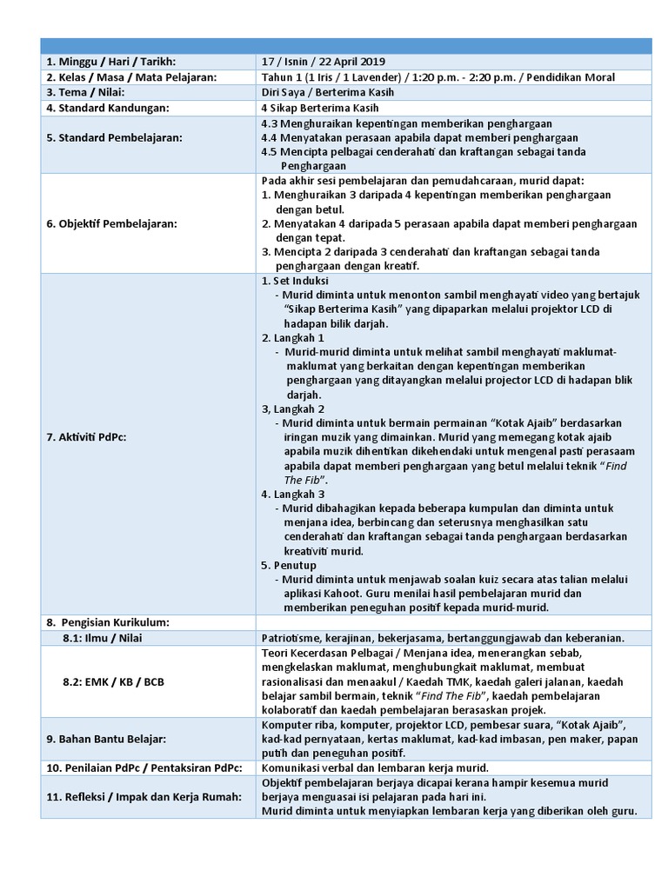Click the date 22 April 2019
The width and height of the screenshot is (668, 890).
(x=351, y=62)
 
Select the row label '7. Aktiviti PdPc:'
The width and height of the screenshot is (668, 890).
(x=86, y=436)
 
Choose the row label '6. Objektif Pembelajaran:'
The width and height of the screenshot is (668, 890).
(x=110, y=223)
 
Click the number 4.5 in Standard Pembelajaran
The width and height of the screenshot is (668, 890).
(x=270, y=151)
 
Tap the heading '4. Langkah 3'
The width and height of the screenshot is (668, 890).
(x=293, y=494)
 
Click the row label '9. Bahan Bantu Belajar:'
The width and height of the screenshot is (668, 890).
(x=105, y=739)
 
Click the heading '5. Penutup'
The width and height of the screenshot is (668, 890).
(x=289, y=565)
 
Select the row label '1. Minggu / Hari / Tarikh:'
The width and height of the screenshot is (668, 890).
(x=110, y=62)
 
